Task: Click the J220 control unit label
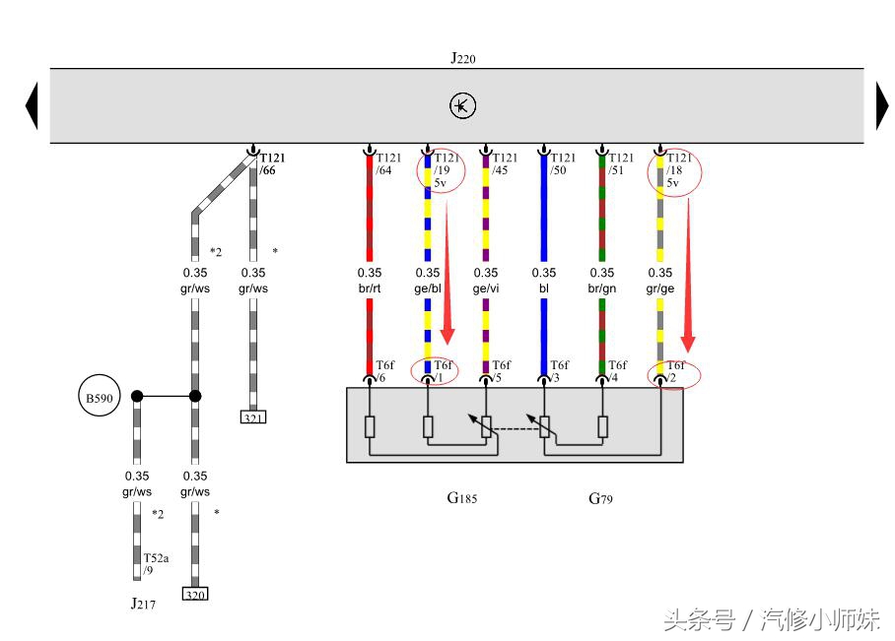point(463,58)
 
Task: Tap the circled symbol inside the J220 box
point(462,106)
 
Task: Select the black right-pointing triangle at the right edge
point(881,105)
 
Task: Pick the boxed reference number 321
point(253,417)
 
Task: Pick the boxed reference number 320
point(195,594)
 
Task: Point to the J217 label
point(143,604)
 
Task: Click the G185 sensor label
point(461,498)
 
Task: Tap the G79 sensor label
point(600,498)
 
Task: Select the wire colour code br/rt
point(370,288)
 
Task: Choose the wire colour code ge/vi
point(486,288)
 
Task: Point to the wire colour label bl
point(544,288)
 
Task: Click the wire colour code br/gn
point(601,288)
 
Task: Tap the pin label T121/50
point(563,163)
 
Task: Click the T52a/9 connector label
point(156,563)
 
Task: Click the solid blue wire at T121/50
point(543,217)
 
